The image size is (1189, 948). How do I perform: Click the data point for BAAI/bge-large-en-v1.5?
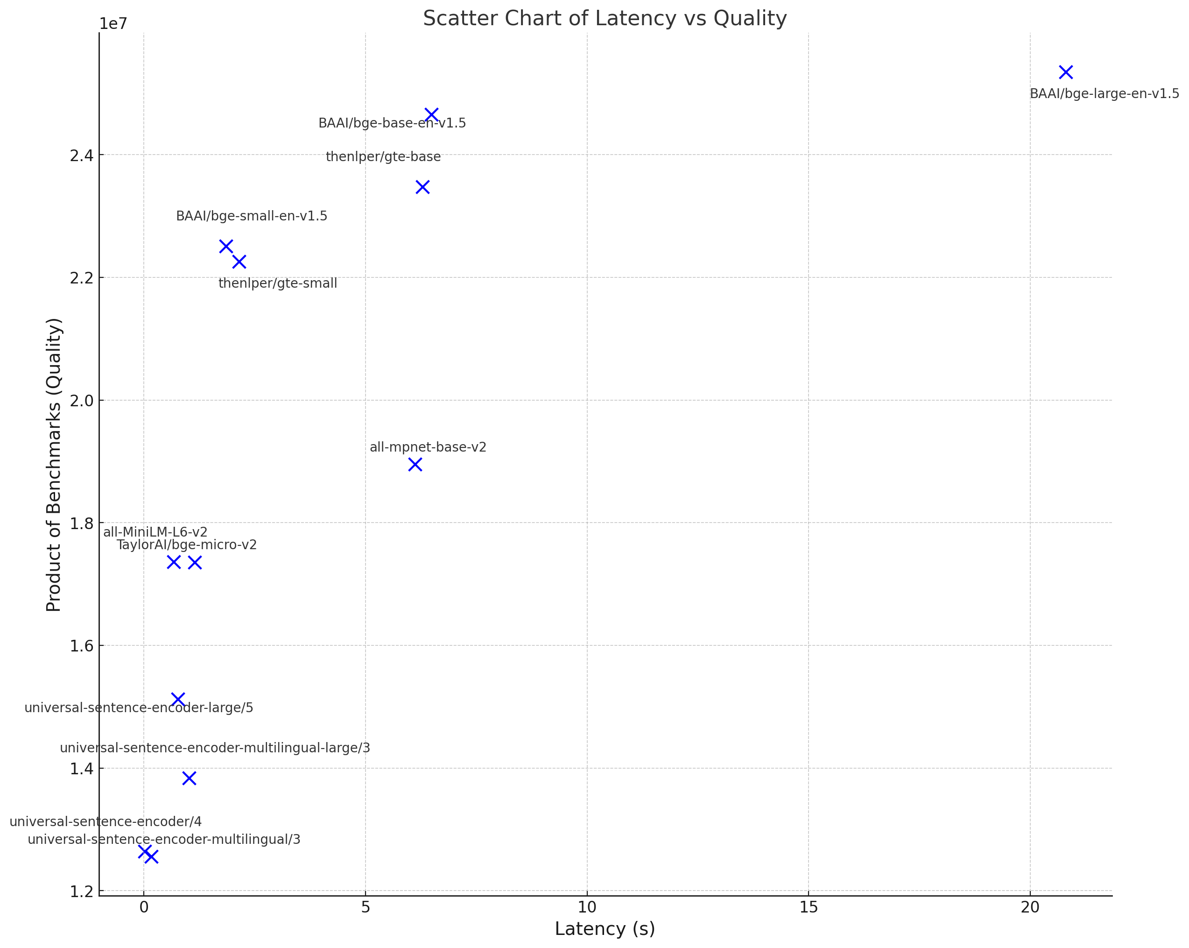[x=1065, y=72]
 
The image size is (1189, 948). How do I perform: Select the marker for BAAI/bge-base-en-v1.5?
[x=431, y=115]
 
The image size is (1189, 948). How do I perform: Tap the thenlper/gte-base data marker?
[x=422, y=187]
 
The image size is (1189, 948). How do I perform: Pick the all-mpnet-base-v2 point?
[x=415, y=465]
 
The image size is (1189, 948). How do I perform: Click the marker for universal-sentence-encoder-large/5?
[x=177, y=700]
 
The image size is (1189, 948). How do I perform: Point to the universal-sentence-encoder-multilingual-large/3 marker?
[x=189, y=778]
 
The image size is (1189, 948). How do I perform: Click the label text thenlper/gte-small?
[x=277, y=283]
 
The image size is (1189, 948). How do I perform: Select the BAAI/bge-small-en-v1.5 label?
[x=252, y=216]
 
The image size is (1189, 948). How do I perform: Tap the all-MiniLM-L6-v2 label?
[x=155, y=532]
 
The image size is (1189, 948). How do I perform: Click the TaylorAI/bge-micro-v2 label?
[x=186, y=545]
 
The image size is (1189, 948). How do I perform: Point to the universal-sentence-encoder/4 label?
[x=106, y=821]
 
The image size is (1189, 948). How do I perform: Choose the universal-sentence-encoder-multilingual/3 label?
[x=164, y=839]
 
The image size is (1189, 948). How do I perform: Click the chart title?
[x=605, y=18]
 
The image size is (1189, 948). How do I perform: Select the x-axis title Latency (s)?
[x=605, y=929]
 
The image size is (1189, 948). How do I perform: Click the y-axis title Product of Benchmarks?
[x=54, y=465]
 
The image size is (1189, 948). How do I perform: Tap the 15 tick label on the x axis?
[x=809, y=908]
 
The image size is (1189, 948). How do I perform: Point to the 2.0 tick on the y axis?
[x=81, y=401]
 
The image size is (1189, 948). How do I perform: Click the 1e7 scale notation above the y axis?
[x=113, y=24]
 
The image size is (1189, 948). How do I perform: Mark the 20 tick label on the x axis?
[x=1030, y=908]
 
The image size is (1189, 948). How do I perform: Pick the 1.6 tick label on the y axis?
[x=81, y=645]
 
